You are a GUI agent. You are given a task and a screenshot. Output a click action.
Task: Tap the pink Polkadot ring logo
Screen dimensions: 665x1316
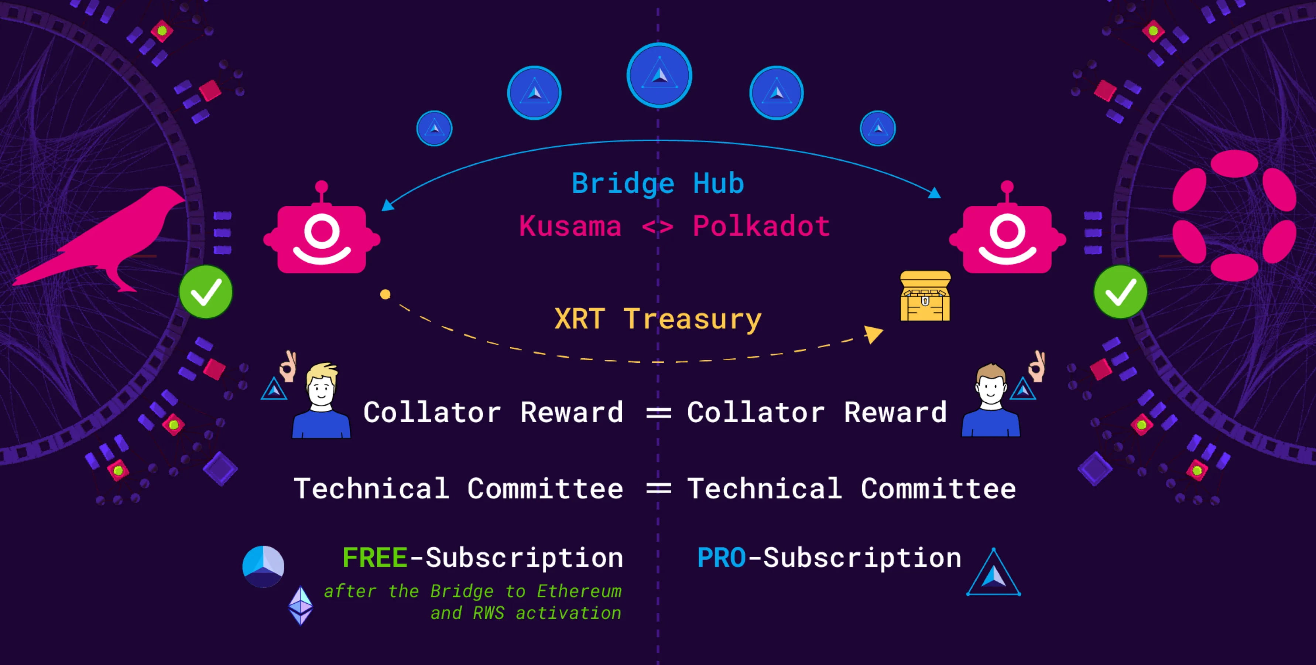(x=1233, y=215)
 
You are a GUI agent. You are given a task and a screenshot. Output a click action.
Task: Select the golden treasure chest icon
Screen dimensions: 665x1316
(x=925, y=296)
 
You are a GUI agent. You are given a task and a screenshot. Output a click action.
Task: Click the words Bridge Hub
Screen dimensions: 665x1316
(x=658, y=184)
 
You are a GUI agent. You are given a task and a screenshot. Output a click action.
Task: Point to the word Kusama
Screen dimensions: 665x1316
(x=570, y=226)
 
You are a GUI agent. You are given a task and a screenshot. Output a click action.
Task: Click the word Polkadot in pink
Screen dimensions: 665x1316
(x=761, y=226)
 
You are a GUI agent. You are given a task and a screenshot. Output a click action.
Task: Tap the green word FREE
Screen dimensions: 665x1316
(x=374, y=557)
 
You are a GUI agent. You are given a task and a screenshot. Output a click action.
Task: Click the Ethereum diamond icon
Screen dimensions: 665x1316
(x=301, y=606)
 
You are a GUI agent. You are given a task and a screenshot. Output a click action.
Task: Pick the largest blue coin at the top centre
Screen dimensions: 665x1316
(x=659, y=75)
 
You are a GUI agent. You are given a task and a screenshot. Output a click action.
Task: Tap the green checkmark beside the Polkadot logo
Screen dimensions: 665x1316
(x=1120, y=292)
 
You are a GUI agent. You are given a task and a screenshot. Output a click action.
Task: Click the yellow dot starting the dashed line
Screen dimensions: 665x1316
(x=385, y=294)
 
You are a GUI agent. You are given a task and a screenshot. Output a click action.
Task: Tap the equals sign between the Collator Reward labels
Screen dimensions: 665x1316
(x=658, y=413)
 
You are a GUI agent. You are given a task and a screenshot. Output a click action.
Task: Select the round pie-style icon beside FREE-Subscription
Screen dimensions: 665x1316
(x=263, y=566)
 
